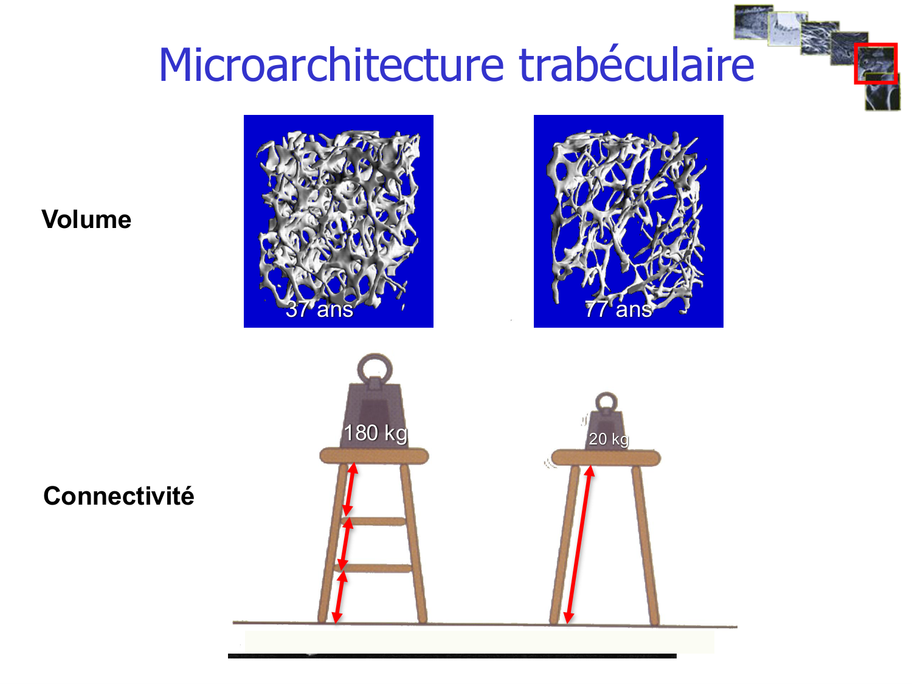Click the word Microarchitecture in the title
coord(331,65)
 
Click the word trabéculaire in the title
coord(636,64)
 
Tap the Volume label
coord(86,219)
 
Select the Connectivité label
coord(119,496)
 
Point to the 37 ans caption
coord(319,309)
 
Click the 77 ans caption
coord(618,309)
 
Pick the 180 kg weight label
coord(376,433)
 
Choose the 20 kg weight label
coord(609,439)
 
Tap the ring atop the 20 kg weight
coord(606,394)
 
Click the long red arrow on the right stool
coord(579,544)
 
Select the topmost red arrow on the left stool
coord(350,489)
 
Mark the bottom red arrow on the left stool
coord(339,597)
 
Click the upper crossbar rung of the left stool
coord(373,521)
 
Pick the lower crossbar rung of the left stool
coord(372,568)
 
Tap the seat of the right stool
coord(606,458)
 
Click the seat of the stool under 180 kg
coord(374,456)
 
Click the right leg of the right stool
coord(646,545)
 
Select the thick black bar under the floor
coord(452,656)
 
